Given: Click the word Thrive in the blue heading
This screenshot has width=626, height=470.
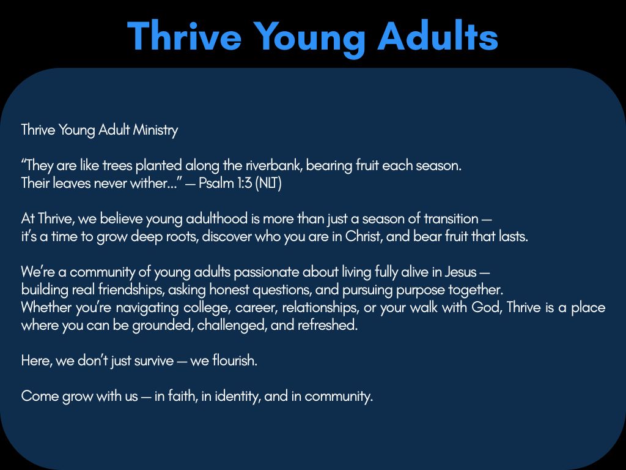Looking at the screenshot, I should click(x=185, y=36).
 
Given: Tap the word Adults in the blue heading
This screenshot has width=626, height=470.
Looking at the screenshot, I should click(x=438, y=36).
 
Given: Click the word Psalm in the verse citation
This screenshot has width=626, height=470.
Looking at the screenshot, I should click(x=216, y=183).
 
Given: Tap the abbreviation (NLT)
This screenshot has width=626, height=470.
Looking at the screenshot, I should click(x=268, y=183).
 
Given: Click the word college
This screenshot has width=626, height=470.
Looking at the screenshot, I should click(x=220, y=307).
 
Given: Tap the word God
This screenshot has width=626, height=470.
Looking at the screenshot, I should click(x=485, y=307).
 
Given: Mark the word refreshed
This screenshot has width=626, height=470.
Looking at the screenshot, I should click(x=327, y=325).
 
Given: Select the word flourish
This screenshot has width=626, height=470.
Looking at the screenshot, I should click(x=235, y=360).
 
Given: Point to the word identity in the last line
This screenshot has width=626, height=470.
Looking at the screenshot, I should click(x=237, y=396).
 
